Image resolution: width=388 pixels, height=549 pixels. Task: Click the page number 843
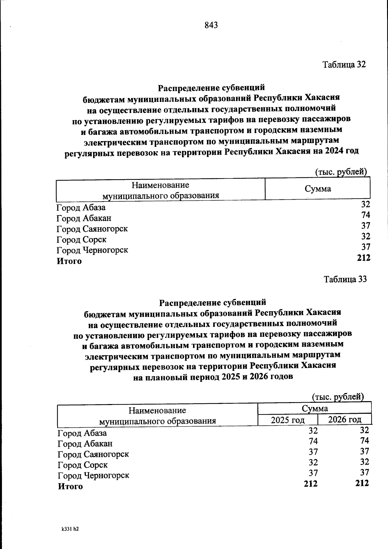point(211,25)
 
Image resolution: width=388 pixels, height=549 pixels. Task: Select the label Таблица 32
point(344,64)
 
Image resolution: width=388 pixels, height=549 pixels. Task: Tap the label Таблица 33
point(345,279)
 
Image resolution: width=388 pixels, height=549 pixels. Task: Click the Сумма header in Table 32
point(318,189)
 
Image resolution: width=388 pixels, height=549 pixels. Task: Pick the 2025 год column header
point(288,420)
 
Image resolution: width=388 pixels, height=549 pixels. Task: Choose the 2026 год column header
point(345,420)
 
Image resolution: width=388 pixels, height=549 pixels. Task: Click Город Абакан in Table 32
point(84,218)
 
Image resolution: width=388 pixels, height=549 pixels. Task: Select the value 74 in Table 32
point(366,215)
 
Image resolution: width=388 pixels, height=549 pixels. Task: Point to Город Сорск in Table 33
point(83,465)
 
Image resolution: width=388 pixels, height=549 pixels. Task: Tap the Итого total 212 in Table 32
point(363,258)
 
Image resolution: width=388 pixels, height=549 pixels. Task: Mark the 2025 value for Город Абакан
point(313,441)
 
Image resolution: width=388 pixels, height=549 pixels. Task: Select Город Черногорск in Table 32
point(92,250)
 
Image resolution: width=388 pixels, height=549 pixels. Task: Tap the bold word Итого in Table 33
point(70,487)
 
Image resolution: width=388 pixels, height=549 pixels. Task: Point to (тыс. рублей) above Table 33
point(338,397)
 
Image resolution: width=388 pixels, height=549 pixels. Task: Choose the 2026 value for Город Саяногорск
point(364,451)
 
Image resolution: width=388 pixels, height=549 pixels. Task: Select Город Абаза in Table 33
point(82,433)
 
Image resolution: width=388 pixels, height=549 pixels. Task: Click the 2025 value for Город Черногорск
point(313,473)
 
